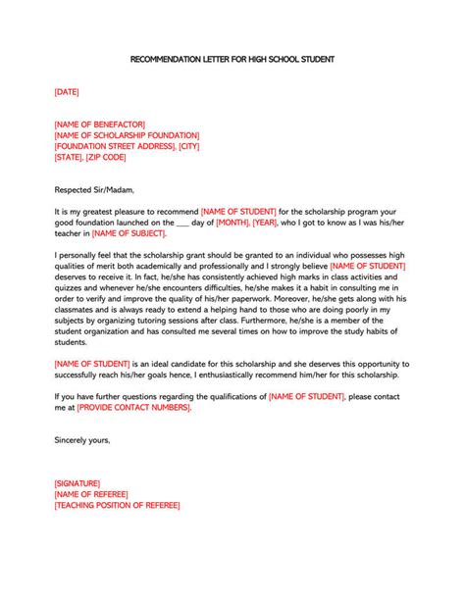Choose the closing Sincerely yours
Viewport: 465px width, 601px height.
[x=82, y=440]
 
